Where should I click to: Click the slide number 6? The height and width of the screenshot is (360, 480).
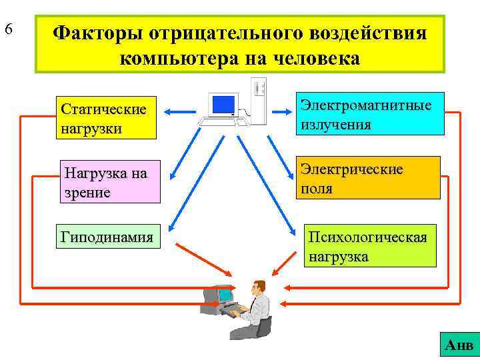click(9, 29)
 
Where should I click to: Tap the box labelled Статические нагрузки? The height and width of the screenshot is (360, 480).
click(107, 118)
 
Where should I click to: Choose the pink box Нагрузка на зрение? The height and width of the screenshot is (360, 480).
click(109, 181)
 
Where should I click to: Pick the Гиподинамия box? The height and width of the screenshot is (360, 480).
click(108, 237)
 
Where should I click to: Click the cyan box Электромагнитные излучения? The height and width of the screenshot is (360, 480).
click(370, 114)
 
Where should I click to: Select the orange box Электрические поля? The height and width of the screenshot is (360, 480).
click(368, 178)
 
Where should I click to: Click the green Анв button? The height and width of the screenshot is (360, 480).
click(459, 345)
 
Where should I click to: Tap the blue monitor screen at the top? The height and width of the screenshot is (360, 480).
click(223, 104)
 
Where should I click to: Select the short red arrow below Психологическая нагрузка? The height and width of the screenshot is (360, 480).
click(293, 262)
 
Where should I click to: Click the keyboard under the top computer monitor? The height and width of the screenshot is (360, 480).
click(220, 122)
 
